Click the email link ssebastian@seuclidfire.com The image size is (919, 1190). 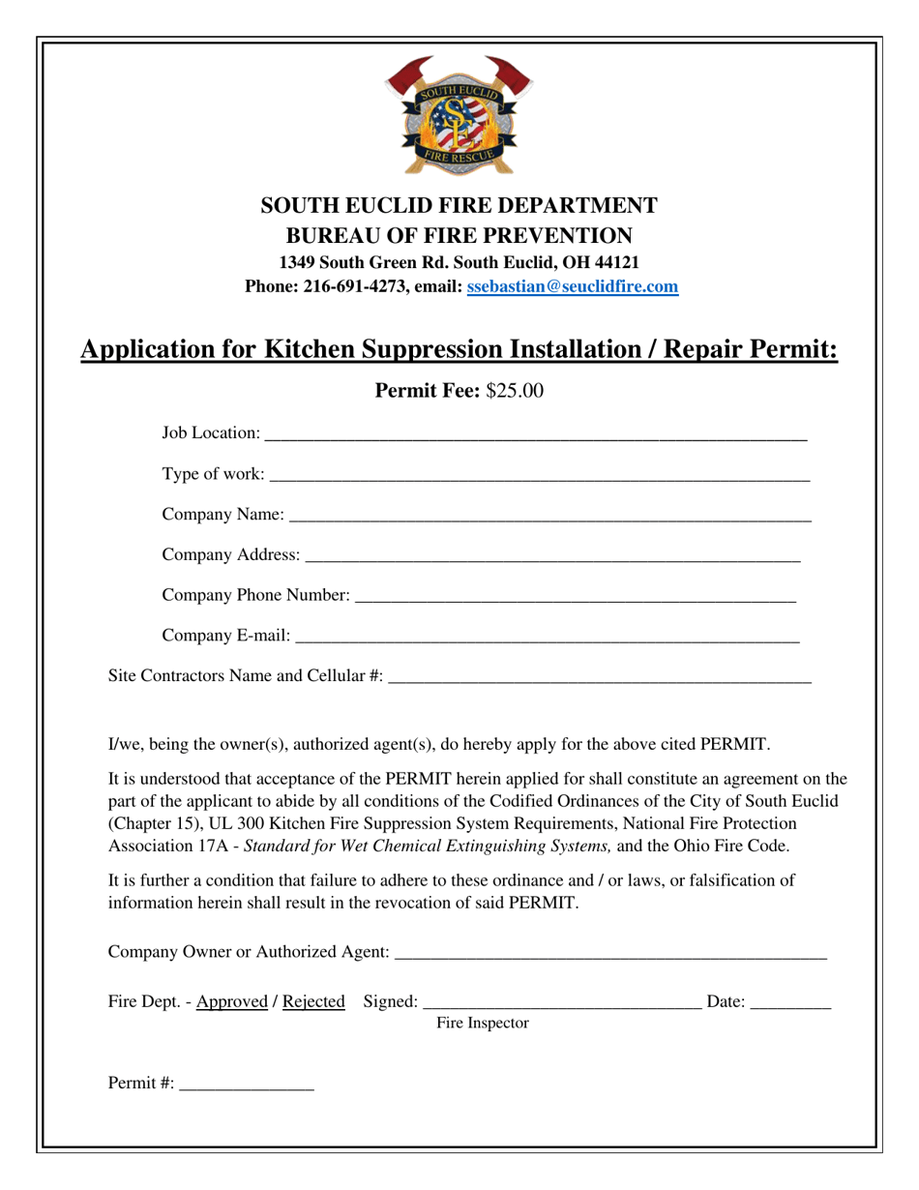pyautogui.click(x=572, y=286)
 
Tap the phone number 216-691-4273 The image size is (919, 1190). pyautogui.click(x=355, y=286)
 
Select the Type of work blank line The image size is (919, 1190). pyautogui.click(x=539, y=475)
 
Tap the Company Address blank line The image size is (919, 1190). pyautogui.click(x=552, y=555)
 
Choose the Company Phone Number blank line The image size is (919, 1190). pyautogui.click(x=576, y=596)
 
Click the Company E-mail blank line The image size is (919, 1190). pyautogui.click(x=547, y=637)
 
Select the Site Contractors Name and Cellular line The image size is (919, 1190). pyautogui.click(x=599, y=676)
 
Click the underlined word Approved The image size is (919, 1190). pyautogui.click(x=232, y=1002)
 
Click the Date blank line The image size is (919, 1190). pyautogui.click(x=790, y=1004)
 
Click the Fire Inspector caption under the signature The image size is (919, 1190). pyautogui.click(x=483, y=1023)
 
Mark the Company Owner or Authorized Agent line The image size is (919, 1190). pyautogui.click(x=611, y=953)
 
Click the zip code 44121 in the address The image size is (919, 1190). pyautogui.click(x=615, y=262)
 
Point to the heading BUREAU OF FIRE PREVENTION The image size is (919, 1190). pyautogui.click(x=459, y=235)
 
